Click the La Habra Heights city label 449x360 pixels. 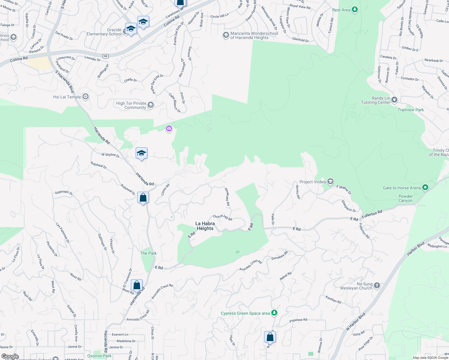205,226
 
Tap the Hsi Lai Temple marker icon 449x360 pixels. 86,97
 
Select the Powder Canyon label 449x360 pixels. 405,198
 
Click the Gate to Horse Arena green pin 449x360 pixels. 425,187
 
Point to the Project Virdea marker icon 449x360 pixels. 330,181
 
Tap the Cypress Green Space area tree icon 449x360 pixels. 274,313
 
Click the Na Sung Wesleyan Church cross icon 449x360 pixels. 377,286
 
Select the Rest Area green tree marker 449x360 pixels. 355,10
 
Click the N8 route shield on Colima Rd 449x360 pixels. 105,56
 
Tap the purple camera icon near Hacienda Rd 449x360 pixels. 169,129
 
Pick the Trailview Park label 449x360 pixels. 411,110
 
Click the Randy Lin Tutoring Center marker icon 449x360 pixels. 394,100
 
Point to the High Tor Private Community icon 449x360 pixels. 151,105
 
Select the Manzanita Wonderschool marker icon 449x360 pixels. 226,35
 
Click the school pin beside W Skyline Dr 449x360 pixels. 141,153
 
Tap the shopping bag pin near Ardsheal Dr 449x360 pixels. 143,198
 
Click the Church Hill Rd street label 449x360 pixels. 222,217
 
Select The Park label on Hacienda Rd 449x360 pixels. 148,253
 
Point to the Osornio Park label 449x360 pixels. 99,356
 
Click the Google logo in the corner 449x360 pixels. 10,356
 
